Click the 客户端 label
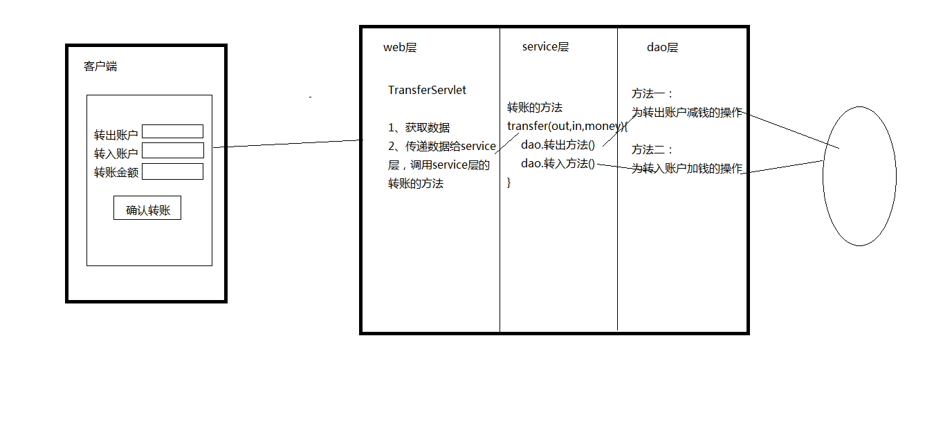coord(100,66)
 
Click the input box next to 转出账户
coord(173,131)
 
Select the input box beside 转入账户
coord(173,151)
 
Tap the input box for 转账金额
coord(173,171)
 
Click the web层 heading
coord(400,48)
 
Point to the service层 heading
coord(545,47)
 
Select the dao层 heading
coord(662,48)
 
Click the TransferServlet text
coord(427,90)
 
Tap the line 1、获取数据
coord(419,128)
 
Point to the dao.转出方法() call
coord(558,144)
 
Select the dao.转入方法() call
coord(558,163)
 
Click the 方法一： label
coord(652,94)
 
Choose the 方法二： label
coord(652,149)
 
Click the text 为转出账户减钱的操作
coord(687,113)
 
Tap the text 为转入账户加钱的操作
coord(687,169)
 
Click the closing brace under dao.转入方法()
coord(509,183)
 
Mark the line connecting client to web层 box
coord(288,144)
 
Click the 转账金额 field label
coord(116,173)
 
